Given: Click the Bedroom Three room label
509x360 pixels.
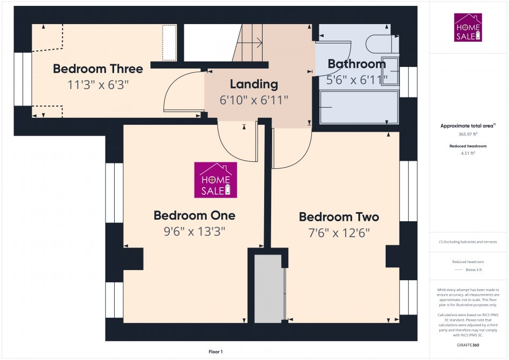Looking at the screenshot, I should (x=98, y=69).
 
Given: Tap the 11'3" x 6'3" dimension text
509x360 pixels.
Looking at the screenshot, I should (x=98, y=85).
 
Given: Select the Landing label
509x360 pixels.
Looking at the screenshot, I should (x=254, y=84).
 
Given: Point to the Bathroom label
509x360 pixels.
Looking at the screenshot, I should (x=356, y=64).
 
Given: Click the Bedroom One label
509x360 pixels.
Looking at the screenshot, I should (x=194, y=215).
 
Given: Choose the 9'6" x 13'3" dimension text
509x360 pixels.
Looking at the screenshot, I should (x=194, y=231).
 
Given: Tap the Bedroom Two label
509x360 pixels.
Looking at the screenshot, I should (x=339, y=217).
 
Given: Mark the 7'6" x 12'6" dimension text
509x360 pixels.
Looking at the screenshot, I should (x=339, y=232).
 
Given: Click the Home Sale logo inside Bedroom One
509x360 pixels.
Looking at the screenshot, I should (x=215, y=180).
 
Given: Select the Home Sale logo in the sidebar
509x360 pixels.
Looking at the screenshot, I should (x=468, y=28).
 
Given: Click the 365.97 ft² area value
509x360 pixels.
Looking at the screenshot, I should (x=468, y=134).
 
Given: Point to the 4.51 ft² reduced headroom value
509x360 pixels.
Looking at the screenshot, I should (x=468, y=153).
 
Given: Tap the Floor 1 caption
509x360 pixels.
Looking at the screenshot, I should (x=215, y=351).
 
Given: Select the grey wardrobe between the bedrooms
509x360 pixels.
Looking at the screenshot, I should (x=268, y=289).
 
